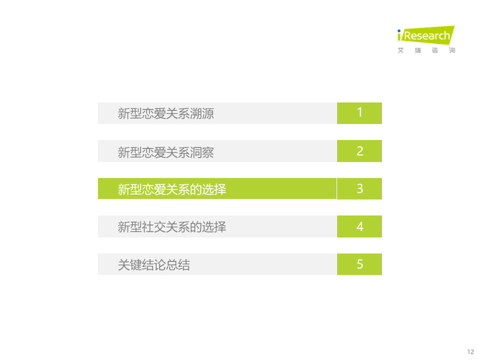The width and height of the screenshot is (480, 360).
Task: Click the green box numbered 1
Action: pos(359,113)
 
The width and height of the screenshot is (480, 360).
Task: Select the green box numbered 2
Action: pos(359,151)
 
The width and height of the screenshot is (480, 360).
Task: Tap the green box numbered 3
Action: pos(359,189)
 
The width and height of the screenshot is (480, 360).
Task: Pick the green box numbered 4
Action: pos(359,226)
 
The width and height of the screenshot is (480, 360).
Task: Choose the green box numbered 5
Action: pos(359,264)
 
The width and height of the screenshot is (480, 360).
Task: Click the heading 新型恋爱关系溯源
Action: pos(166,114)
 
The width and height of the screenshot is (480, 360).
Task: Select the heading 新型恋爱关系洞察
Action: pos(166,152)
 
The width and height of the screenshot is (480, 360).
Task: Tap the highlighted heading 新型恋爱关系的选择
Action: pos(171,189)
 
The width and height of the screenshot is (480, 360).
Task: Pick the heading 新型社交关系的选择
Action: pos(171,227)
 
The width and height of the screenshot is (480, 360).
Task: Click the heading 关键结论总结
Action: pos(154,265)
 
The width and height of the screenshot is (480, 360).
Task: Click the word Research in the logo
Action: pos(427,36)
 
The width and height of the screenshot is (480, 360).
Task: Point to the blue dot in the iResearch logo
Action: pos(399,31)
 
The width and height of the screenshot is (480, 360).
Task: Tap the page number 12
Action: pos(470,352)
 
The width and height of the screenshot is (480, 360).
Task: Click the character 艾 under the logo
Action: pos(400,50)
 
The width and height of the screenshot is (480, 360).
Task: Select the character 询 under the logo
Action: pos(452,50)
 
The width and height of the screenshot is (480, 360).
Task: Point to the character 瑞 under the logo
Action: pos(418,50)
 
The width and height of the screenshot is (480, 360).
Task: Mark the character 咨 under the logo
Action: pos(435,50)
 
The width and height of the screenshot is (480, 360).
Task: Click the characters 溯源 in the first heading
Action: pos(202,114)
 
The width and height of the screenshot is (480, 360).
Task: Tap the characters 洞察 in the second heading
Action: pos(202,152)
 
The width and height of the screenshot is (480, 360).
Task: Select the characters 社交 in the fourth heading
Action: pos(154,227)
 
